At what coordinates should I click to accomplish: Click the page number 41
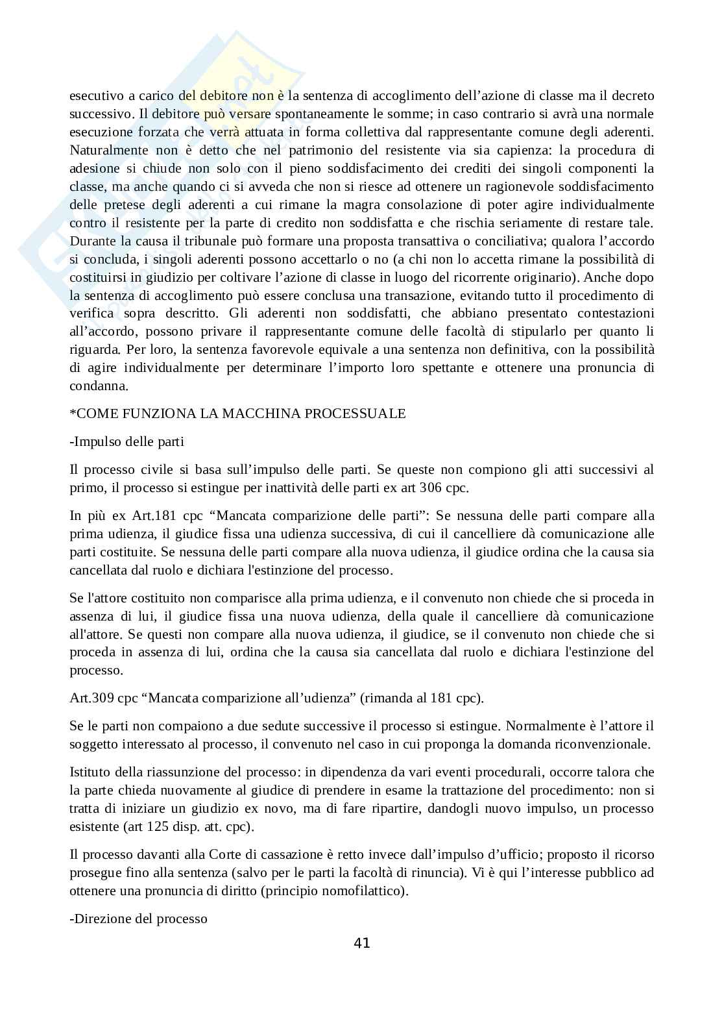tap(362, 943)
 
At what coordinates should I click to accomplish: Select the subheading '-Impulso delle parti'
tap(127, 441)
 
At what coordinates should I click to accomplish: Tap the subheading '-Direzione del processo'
tap(138, 919)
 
